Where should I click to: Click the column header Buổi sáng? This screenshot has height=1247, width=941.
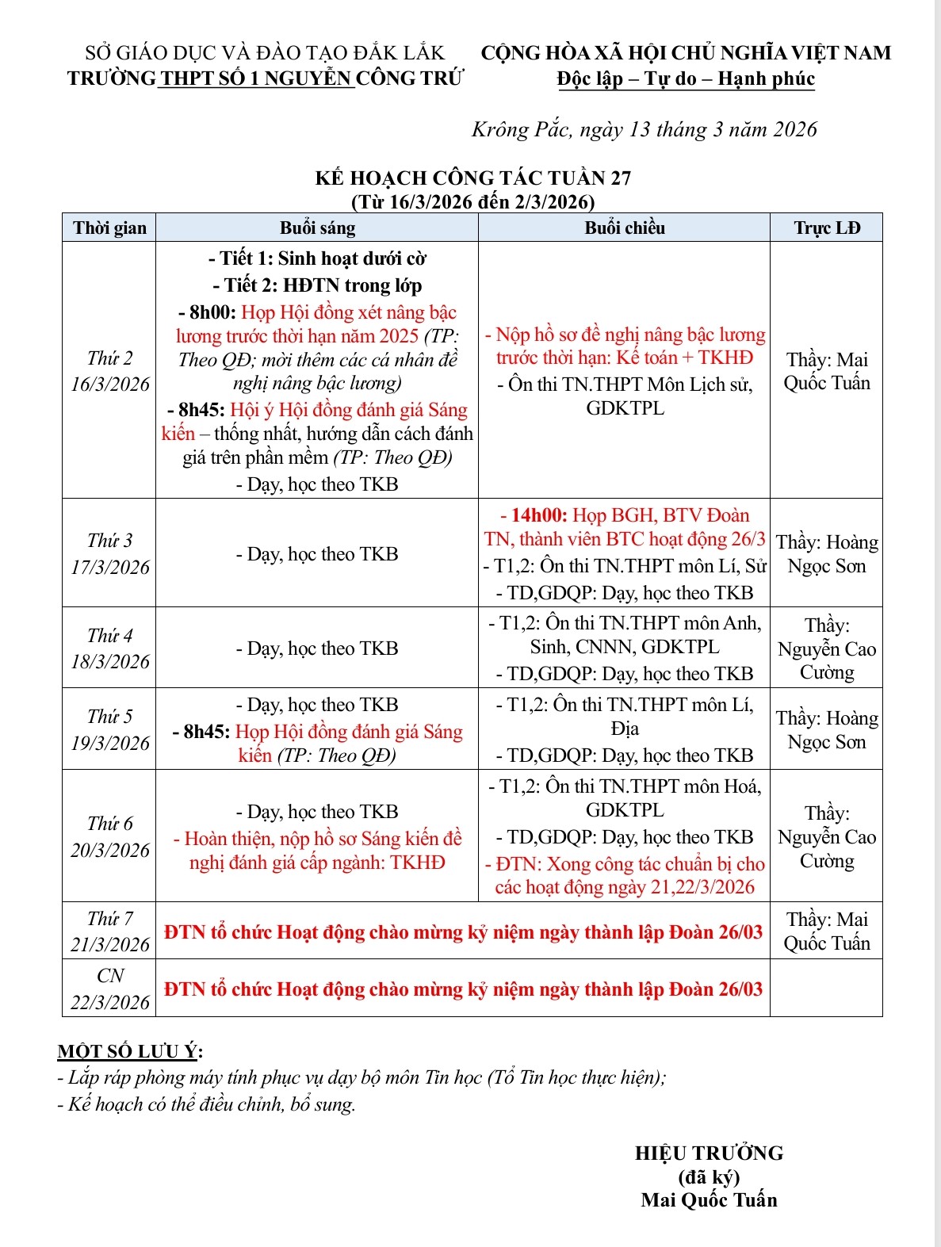317,228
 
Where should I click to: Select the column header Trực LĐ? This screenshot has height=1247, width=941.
826,228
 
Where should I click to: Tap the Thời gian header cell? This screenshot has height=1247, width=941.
109,228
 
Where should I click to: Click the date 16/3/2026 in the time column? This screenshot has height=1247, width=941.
109,384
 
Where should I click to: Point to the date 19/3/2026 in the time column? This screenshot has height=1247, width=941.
109,744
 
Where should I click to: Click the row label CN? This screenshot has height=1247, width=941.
110,976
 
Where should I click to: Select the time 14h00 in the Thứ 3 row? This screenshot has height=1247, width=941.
538,515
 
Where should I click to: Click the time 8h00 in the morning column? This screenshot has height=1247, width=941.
212,312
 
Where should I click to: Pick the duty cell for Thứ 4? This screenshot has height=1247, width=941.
826,648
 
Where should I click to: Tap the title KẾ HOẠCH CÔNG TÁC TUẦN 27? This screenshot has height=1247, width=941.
472,178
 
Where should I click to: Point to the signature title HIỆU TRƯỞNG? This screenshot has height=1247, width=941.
709,1153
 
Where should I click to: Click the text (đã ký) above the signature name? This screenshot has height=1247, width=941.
709,1176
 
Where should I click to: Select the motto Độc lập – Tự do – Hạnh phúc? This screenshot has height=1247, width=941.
686,78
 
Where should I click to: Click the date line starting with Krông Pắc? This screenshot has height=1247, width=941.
644,129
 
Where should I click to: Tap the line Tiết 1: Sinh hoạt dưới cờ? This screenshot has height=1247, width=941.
317,258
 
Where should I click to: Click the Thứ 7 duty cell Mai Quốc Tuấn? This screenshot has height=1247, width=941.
826,931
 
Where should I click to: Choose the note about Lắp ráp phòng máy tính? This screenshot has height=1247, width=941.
361,1077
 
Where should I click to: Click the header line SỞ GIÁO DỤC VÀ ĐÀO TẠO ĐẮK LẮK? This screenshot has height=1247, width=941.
265,53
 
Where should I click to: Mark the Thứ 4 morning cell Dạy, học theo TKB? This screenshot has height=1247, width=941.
317,648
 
